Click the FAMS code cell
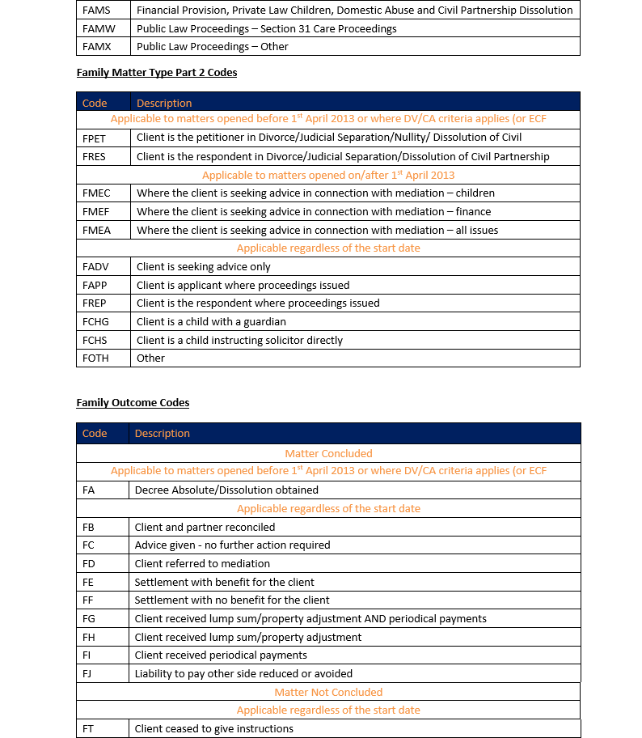pos(96,11)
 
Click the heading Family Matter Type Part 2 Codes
pos(157,73)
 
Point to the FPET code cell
pos(94,138)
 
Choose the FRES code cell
pos(94,156)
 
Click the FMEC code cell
pos(95,193)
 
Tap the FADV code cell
pos(95,266)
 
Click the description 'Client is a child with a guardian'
pos(211,321)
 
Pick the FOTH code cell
pos(95,358)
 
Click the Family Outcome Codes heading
pos(133,402)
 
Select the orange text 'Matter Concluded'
pos(328,454)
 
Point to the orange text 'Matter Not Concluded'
pos(328,692)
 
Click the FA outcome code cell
pos(88,490)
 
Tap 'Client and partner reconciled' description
pos(205,527)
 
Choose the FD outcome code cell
pos(88,563)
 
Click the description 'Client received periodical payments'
pos(221,655)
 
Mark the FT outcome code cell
pos(88,728)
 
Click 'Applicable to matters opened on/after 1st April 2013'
pos(328,175)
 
